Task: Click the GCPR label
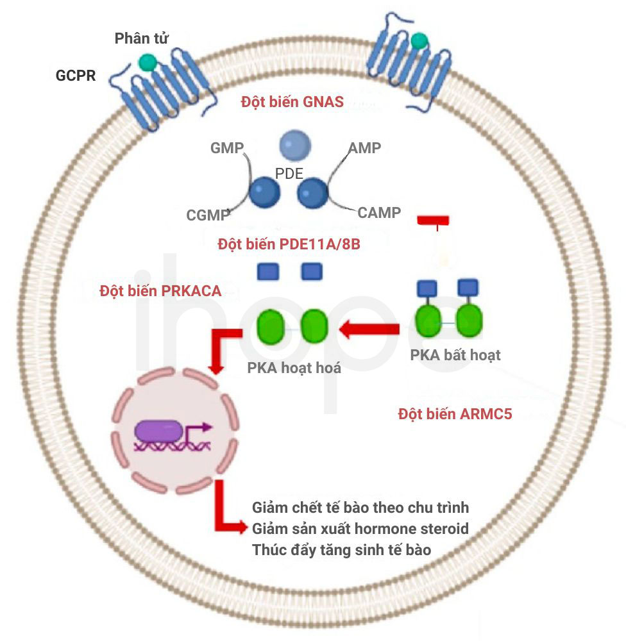coord(76,76)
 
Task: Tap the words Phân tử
coord(142,38)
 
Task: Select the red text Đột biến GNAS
coord(292,102)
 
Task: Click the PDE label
coord(289,174)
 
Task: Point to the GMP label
coord(227,147)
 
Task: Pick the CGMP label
coord(208,215)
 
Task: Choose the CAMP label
coord(379,213)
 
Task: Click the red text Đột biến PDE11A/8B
coord(289,244)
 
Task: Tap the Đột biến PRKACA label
coord(160,291)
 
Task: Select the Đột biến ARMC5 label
coord(455,414)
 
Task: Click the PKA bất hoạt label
coord(455,355)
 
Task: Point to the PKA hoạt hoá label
coord(294,368)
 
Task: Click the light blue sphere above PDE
coord(295,146)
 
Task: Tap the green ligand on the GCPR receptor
coord(148,63)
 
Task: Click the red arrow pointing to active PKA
coord(369,329)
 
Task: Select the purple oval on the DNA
coord(159,431)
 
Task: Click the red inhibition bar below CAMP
coord(434,221)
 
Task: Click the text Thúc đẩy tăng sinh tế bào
coord(342,550)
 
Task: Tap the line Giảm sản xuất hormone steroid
coord(360,529)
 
